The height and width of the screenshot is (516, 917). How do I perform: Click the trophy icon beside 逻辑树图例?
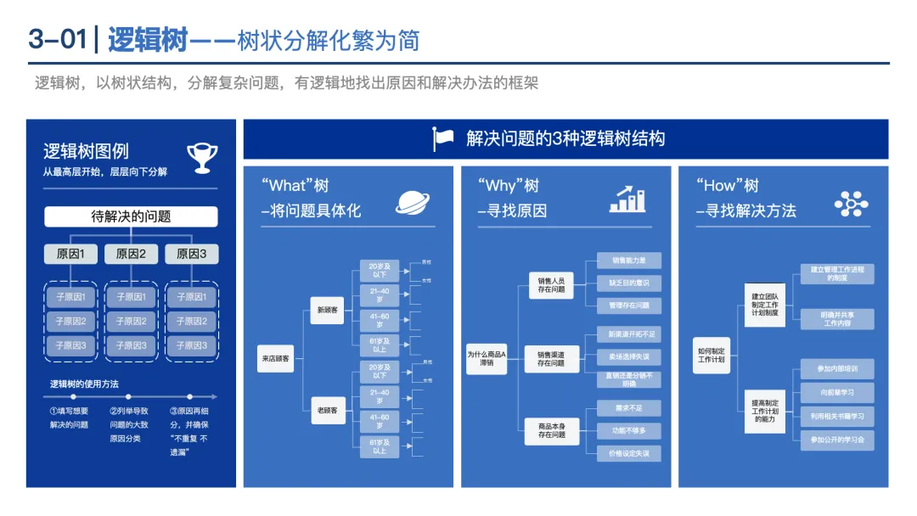pos(202,156)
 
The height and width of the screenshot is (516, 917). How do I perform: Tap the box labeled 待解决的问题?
pos(131,217)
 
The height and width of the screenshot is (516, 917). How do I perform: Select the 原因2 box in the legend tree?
pos(131,253)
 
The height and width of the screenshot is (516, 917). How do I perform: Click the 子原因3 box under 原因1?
pos(71,345)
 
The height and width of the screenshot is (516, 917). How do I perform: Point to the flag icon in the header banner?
pos(444,139)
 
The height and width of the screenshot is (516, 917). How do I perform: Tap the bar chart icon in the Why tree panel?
pos(627,199)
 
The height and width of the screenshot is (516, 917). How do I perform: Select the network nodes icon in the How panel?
pos(851,204)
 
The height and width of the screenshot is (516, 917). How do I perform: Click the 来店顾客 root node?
pos(276,359)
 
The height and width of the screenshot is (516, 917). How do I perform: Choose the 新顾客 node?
pos(328,311)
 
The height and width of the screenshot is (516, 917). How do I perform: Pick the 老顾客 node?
pos(328,410)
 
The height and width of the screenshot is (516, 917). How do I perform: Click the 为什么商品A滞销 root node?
pos(486,358)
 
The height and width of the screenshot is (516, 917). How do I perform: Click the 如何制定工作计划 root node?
pos(711,355)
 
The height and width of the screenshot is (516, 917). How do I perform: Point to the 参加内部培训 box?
pos(837,369)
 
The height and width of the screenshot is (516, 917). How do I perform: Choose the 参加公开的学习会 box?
pos(837,440)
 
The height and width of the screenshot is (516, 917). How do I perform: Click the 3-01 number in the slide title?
pos(58,40)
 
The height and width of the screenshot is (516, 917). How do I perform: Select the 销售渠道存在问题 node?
pos(550,358)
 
